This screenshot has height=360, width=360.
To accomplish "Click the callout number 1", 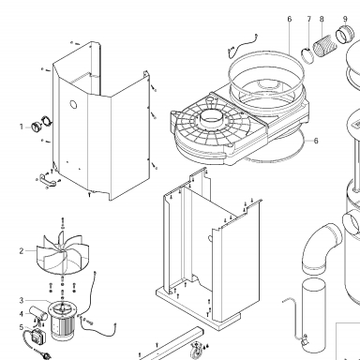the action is point(22,127).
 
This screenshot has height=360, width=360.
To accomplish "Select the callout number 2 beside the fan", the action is point(22,251).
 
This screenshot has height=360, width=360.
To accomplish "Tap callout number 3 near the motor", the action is point(22,301).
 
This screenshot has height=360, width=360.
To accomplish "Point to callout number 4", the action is point(22,314).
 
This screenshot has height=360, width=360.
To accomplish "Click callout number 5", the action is point(22,327).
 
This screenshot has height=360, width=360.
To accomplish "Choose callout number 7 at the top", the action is point(309,19).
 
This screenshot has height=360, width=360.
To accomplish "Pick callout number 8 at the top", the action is point(322,19).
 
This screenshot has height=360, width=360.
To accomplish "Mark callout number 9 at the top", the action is point(345,19).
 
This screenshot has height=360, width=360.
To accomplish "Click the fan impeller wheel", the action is point(63,253).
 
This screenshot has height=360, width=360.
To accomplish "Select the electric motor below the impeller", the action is point(62,321).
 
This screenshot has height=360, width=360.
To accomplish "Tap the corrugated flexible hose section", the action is point(325,46).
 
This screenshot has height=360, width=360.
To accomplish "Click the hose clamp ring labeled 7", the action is point(307,55).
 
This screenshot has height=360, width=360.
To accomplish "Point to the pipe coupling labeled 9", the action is point(345,34).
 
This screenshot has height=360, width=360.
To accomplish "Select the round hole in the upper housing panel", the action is point(73,105).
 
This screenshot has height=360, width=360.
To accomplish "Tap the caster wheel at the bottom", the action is point(195,351).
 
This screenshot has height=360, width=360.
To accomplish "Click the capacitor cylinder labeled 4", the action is point(38,313).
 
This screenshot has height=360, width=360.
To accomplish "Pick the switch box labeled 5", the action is point(38,336).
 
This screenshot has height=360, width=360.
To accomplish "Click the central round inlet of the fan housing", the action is point(211,118).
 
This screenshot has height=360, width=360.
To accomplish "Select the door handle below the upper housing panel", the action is point(48,179).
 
